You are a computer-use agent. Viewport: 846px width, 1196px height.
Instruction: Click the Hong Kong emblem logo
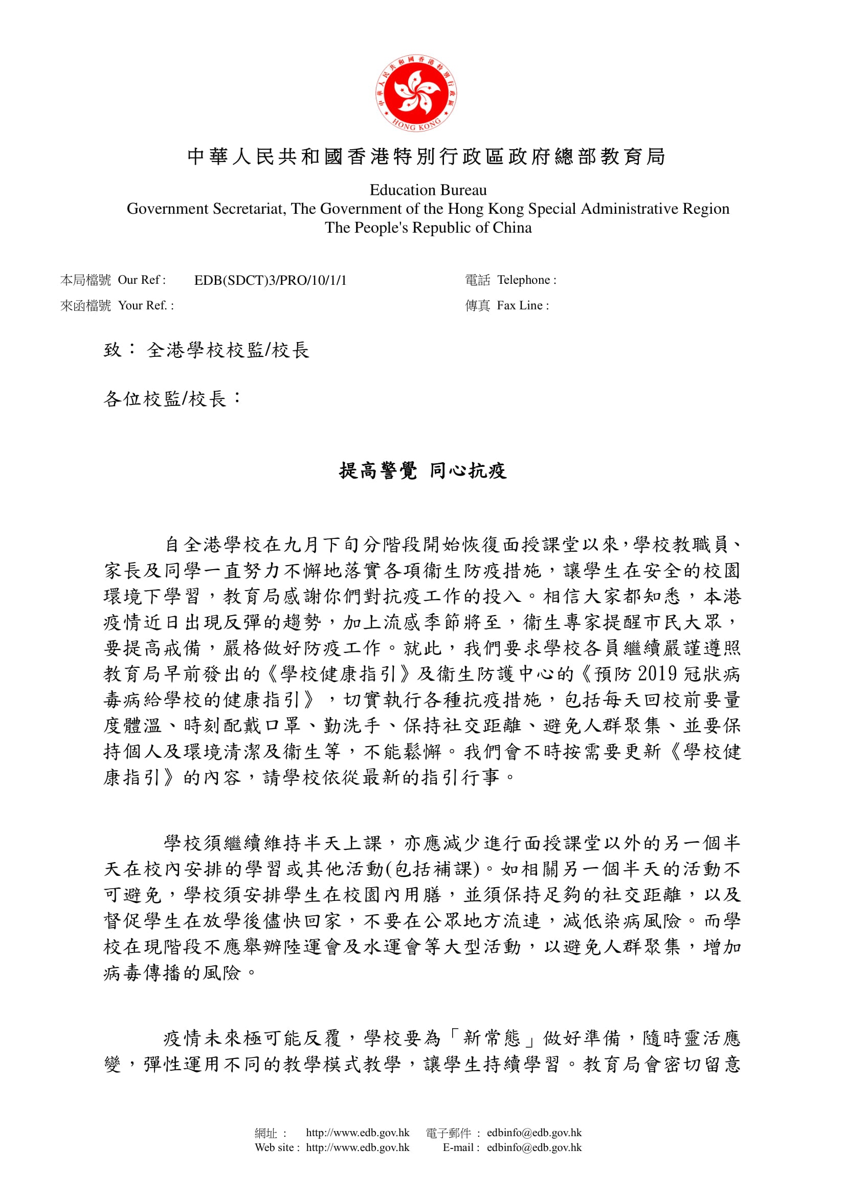click(416, 93)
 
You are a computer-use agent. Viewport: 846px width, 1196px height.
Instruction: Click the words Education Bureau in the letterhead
click(428, 190)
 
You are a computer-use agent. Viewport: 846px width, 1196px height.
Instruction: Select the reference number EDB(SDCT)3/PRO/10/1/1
click(270, 280)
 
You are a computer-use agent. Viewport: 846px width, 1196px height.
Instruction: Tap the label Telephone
click(526, 280)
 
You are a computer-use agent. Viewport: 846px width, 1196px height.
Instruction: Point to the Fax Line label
click(522, 305)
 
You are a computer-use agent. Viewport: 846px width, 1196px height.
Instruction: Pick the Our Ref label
click(141, 280)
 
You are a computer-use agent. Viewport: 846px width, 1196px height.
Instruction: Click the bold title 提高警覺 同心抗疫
click(422, 471)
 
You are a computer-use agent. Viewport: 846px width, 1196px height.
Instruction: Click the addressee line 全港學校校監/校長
click(228, 350)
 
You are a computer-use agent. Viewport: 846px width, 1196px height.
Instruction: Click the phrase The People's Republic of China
click(428, 228)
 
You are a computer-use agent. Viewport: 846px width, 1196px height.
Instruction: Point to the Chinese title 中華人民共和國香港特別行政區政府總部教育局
click(426, 156)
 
